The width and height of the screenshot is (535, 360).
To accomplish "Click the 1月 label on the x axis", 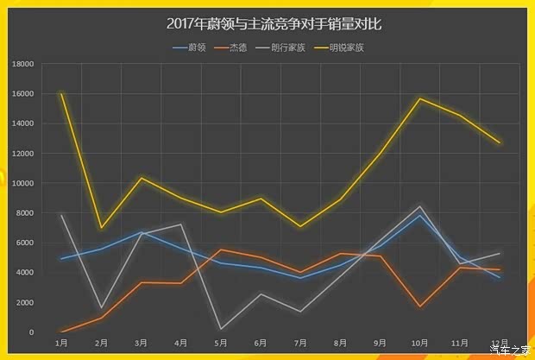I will point(61,344).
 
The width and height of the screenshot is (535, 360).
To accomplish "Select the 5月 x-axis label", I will point(222,344).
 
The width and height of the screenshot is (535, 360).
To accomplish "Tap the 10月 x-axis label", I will point(420,344).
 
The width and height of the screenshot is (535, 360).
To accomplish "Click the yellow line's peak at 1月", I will point(61,93).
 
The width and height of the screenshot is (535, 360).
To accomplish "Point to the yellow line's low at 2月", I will point(102,228).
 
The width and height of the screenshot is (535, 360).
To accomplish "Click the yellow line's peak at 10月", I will point(420,98).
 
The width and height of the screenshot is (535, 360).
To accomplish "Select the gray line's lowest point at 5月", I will point(222,328).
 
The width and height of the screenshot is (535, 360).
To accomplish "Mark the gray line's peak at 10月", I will point(420,206).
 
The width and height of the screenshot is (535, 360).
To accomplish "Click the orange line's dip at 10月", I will point(420,306).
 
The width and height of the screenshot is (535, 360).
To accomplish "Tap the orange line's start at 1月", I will point(61,332).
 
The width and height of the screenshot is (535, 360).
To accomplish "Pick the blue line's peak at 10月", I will point(420,215).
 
